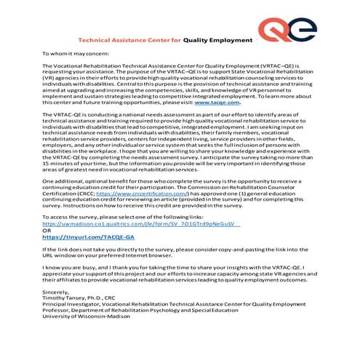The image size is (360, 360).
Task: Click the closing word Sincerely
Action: click(56, 292)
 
